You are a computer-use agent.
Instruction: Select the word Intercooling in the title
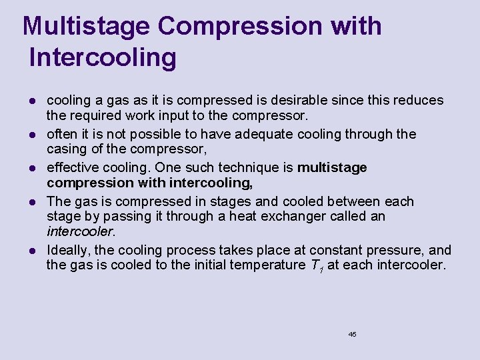point(103,57)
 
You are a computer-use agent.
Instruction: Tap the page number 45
point(352,334)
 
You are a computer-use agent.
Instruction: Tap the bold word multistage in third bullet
point(332,167)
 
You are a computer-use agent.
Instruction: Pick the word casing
point(66,149)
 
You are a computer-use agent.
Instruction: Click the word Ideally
point(67,250)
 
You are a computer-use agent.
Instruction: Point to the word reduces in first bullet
point(419,100)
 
